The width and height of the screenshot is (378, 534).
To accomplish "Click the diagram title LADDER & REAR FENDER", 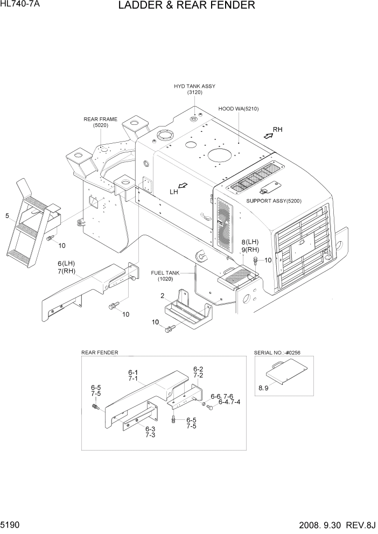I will (x=185, y=6).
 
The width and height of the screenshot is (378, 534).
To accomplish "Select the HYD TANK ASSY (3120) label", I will (x=194, y=89).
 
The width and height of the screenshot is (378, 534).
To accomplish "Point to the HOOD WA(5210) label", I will (x=239, y=109).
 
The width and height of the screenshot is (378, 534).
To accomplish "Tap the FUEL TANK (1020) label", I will (x=168, y=276).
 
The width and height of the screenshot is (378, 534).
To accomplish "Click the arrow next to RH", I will (x=267, y=136).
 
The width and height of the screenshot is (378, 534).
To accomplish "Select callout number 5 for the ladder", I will (x=7, y=216).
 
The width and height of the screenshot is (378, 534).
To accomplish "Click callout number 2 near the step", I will (x=162, y=296).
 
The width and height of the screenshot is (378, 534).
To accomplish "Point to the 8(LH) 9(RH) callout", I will (x=250, y=245).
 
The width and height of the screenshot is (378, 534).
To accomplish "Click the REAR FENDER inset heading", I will (x=100, y=353).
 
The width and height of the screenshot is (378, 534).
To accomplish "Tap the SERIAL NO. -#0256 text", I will (x=276, y=353).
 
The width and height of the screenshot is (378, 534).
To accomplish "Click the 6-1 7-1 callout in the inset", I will (x=132, y=375).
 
